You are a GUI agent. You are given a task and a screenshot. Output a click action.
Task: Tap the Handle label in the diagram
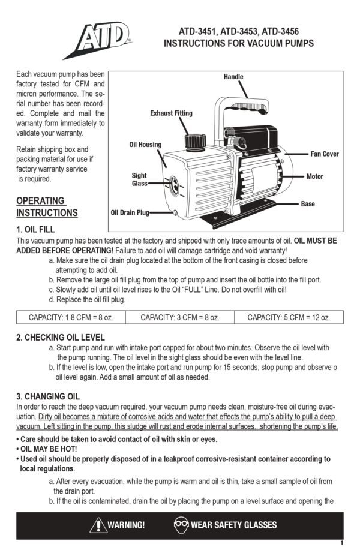(233, 77)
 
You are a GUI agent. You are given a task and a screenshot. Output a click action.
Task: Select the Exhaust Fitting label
(171, 113)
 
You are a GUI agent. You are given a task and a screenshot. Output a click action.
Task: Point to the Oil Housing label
(145, 145)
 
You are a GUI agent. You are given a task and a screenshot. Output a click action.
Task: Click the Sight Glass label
(139, 179)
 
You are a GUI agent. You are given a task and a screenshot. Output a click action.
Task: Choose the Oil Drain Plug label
(130, 212)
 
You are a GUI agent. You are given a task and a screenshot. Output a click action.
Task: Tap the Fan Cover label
(324, 154)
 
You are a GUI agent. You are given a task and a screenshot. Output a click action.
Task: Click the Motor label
(314, 176)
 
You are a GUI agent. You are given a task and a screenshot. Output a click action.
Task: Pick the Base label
(307, 204)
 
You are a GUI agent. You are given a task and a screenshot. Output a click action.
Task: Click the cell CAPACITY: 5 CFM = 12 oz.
(288, 317)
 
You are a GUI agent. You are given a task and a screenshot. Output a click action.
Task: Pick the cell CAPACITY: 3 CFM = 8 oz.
(179, 317)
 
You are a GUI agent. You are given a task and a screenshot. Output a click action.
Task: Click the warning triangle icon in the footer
(98, 525)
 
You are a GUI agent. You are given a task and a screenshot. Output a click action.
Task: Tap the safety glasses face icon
(181, 525)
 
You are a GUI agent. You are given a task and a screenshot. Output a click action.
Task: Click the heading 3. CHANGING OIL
(47, 396)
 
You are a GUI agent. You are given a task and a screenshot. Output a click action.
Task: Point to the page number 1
(341, 543)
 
